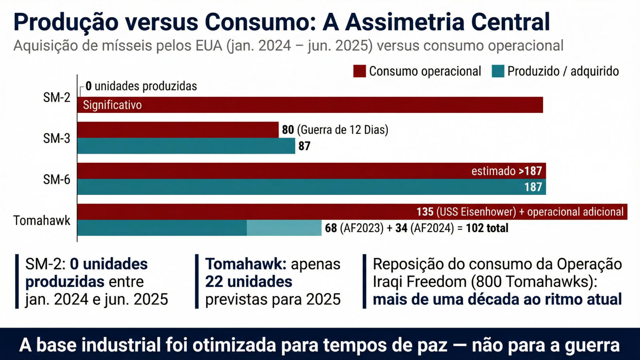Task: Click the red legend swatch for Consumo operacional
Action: [359, 71]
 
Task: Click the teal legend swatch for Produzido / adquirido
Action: [498, 71]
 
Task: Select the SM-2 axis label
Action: [56, 98]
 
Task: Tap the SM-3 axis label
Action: [56, 138]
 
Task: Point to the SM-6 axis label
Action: [56, 180]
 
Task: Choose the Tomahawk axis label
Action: [42, 220]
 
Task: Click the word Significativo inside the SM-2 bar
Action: [112, 105]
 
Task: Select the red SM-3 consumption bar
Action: [178, 130]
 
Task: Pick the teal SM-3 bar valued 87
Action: [186, 146]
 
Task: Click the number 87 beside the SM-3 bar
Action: [304, 146]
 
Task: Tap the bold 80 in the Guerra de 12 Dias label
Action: [288, 130]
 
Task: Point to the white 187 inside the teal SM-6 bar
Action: [533, 187]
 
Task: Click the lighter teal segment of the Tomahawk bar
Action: [284, 228]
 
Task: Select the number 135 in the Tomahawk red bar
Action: [425, 212]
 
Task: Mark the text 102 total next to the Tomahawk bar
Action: [487, 228]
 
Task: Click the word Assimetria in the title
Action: [404, 22]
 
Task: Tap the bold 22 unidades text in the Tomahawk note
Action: [249, 282]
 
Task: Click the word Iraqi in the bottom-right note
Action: [388, 282]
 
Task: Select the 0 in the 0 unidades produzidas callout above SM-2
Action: [88, 86]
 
